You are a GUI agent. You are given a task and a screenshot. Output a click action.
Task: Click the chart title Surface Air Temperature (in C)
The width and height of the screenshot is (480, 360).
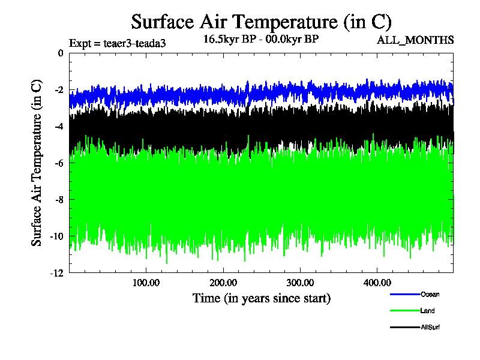[x=261, y=22]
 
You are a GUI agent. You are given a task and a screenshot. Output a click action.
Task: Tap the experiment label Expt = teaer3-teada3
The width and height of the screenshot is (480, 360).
[x=118, y=43]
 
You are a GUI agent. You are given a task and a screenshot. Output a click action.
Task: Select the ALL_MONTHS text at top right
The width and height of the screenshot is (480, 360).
[x=415, y=40]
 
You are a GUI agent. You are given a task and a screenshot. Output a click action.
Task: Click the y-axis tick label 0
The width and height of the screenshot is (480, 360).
[x=60, y=53]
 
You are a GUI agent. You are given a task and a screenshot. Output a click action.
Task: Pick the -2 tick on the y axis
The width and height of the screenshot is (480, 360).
[x=58, y=90]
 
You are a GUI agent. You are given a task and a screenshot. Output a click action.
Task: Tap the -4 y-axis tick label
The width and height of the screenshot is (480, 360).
[x=58, y=127]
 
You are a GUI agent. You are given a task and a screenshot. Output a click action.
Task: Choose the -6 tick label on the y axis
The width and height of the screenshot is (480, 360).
[x=58, y=163]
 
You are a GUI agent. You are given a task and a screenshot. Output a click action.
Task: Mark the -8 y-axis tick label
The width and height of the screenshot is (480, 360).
[x=58, y=200]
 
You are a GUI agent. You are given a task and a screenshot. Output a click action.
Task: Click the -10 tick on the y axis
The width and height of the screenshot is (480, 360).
[x=56, y=236]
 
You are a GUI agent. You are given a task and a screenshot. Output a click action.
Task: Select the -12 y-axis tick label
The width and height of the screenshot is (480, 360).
[x=56, y=273]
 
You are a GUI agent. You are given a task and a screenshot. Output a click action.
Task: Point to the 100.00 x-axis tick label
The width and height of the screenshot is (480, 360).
[x=145, y=283]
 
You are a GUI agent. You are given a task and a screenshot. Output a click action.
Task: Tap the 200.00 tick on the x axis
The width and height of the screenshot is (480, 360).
[x=223, y=283]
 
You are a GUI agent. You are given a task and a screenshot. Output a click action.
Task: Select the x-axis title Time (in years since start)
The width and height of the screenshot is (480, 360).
[x=261, y=298]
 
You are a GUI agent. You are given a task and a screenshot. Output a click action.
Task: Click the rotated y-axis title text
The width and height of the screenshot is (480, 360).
[x=37, y=162]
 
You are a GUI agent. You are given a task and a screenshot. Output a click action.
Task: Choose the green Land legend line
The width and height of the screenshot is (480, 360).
[x=403, y=310]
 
